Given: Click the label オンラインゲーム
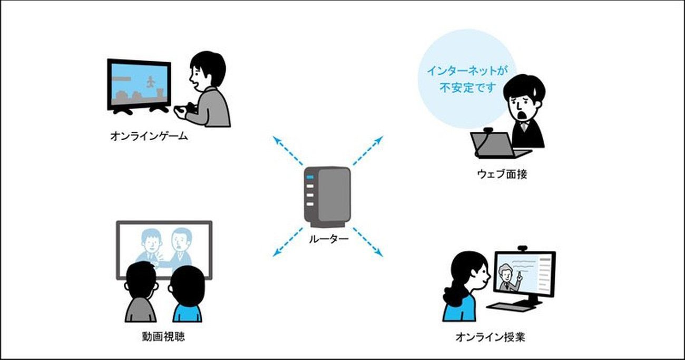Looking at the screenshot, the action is (x=149, y=136).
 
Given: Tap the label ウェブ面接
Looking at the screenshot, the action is (x=502, y=174).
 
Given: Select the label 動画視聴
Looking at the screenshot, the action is (x=163, y=336).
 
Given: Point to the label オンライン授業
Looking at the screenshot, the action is (x=490, y=337).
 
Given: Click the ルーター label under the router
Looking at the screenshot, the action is (x=328, y=239).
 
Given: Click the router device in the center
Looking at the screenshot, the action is (x=327, y=197).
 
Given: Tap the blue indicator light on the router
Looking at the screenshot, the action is (x=310, y=177).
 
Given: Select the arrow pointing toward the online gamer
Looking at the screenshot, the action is (x=288, y=151).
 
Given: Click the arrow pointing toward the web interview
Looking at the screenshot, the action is (x=368, y=151).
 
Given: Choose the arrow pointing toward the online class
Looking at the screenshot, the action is (x=368, y=242).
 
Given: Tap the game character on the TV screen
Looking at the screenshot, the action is (x=151, y=82).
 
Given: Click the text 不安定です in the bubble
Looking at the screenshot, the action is (x=467, y=89).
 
